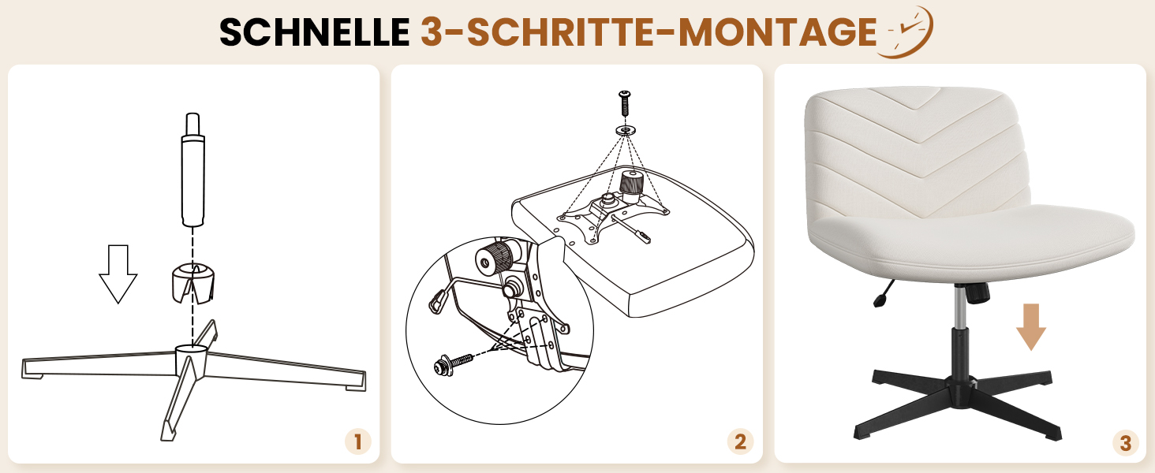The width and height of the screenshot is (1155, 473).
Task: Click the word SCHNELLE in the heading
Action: point(315,32)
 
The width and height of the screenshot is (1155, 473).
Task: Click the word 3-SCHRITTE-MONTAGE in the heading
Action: point(649,32)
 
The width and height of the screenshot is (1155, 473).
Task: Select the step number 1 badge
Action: point(358,441)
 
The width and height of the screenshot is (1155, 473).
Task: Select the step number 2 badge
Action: point(741,441)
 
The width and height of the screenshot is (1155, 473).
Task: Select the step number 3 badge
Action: point(1126,442)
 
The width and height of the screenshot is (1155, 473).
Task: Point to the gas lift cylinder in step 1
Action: point(192,169)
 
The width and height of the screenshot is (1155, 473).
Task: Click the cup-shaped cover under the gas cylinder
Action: point(192,283)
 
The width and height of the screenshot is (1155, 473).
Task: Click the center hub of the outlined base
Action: point(191,361)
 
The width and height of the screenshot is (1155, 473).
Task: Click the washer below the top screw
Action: point(625,130)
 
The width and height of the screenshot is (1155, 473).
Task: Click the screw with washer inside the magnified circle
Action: point(454,363)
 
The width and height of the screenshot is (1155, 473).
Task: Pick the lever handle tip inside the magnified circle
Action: point(438,300)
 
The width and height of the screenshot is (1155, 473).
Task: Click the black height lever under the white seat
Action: point(884,293)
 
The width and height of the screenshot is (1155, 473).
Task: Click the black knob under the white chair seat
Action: point(977,292)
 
